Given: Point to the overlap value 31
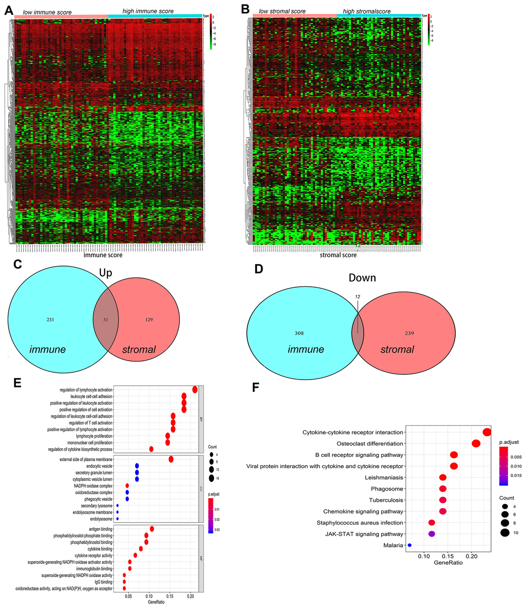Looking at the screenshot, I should pos(105,320).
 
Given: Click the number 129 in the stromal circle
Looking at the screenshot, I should pos(148,320).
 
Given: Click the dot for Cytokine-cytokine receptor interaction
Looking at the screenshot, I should pos(486,432).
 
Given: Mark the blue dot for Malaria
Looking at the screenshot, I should pos(409,545).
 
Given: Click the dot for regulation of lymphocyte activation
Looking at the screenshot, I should pos(195,389).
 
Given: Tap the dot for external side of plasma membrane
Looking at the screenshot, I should pos(171,459).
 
